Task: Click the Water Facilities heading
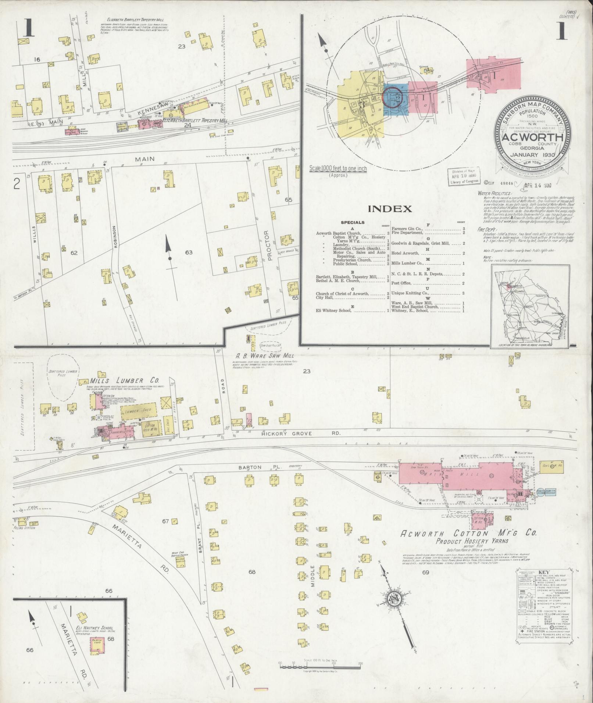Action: click(x=494, y=193)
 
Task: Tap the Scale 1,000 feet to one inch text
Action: click(x=338, y=168)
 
